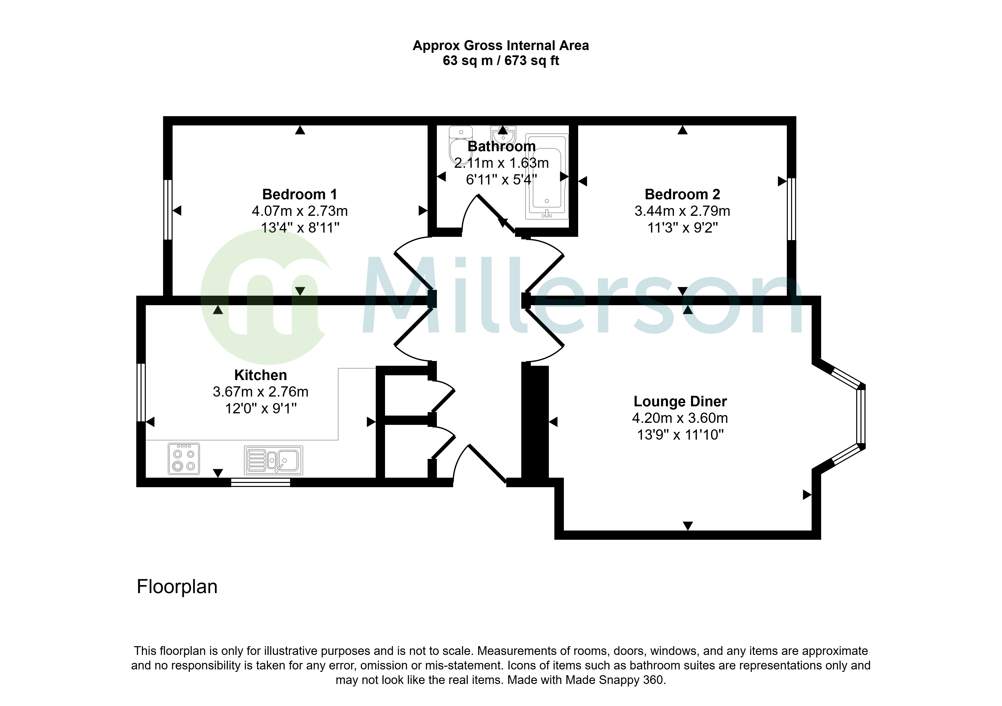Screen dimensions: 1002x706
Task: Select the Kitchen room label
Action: [261, 375]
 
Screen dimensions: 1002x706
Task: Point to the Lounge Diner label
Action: [680, 401]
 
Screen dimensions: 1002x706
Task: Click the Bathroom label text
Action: [502, 146]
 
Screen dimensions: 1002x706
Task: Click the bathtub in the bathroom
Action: [547, 176]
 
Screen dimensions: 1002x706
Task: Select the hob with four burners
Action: [184, 459]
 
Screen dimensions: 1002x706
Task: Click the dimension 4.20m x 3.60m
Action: [680, 418]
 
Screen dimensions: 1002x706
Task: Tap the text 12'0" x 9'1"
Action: [261, 409]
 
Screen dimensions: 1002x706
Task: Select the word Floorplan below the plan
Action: [177, 587]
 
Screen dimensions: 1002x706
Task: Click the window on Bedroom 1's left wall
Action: [168, 210]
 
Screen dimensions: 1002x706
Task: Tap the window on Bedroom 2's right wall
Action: [792, 209]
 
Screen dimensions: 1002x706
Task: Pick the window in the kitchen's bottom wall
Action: [261, 482]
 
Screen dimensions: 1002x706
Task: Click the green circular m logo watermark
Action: [266, 296]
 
